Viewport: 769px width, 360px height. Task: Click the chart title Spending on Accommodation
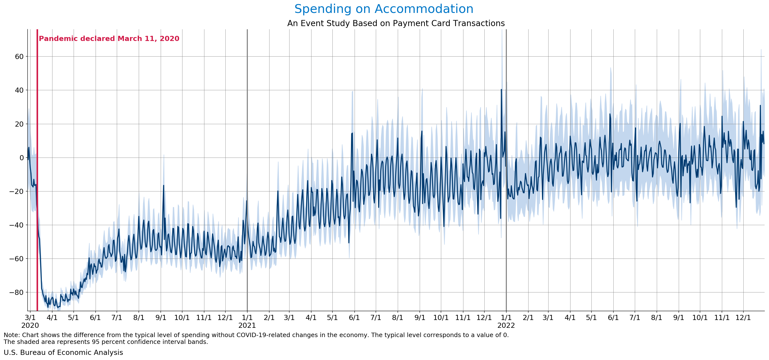[384, 9]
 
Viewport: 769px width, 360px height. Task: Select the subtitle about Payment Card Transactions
[396, 23]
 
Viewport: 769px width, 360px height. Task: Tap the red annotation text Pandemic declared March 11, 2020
[109, 39]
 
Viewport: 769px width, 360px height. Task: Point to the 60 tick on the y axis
[19, 56]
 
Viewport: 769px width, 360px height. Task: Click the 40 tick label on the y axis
[19, 90]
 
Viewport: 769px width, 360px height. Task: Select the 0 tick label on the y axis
[21, 158]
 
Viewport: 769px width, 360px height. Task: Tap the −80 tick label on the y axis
[17, 292]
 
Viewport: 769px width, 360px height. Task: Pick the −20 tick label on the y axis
[17, 191]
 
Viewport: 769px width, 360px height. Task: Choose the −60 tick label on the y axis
[17, 259]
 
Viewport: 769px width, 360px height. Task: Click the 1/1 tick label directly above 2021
[247, 318]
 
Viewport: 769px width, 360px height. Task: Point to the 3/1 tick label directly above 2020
[30, 318]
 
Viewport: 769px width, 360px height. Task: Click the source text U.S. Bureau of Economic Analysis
[63, 352]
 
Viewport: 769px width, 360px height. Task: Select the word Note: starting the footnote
[12, 335]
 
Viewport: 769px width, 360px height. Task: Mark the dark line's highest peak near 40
[501, 90]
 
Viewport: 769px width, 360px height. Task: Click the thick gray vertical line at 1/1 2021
[247, 120]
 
